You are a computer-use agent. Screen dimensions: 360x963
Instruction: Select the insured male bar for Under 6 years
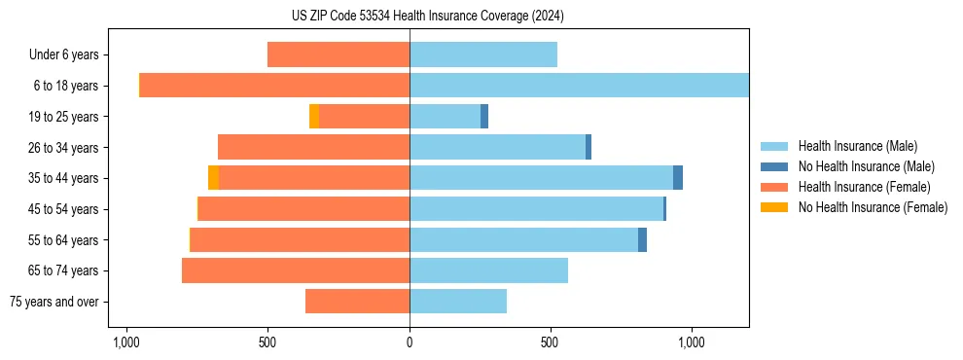point(483,54)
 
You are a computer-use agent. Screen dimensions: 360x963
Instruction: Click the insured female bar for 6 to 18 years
point(274,86)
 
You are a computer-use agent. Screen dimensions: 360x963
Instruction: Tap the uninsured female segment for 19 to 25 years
point(314,117)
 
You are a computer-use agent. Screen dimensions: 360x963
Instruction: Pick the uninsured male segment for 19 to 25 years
point(484,117)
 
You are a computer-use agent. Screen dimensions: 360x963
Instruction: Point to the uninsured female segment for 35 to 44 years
point(213,178)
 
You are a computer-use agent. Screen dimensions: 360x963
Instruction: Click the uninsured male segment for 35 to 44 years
point(678,178)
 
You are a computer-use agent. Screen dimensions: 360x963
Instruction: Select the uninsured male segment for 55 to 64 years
point(642,239)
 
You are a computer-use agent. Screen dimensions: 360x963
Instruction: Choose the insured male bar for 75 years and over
point(458,302)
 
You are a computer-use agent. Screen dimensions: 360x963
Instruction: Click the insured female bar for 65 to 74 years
point(296,270)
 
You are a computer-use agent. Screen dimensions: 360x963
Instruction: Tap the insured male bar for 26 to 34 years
point(497,147)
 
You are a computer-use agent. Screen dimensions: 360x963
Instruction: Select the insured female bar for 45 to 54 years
point(303,209)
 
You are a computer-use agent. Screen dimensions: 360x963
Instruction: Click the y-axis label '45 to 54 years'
point(63,209)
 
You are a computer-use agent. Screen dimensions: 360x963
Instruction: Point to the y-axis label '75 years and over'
point(54,302)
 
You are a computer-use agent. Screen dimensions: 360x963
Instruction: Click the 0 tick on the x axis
point(410,343)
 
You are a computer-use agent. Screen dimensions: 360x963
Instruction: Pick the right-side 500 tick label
point(551,343)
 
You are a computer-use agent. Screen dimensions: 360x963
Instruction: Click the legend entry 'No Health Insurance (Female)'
point(873,207)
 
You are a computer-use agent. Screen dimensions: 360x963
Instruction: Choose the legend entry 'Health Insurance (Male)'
point(857,146)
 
